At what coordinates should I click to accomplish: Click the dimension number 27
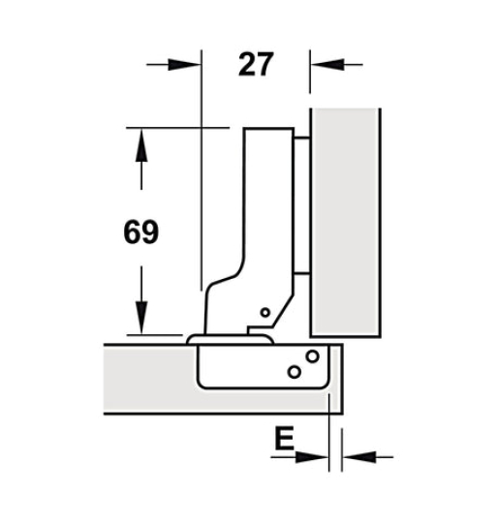(255, 65)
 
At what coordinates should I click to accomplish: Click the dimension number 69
(141, 232)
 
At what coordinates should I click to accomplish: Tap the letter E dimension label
(282, 440)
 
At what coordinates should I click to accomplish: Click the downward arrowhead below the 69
(141, 317)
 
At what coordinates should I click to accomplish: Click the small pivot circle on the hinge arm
(264, 313)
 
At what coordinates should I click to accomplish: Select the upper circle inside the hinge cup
(312, 355)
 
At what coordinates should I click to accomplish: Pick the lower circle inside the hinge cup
(294, 371)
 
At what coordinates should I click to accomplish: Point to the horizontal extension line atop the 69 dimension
(174, 128)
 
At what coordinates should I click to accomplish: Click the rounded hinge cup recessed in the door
(262, 368)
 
